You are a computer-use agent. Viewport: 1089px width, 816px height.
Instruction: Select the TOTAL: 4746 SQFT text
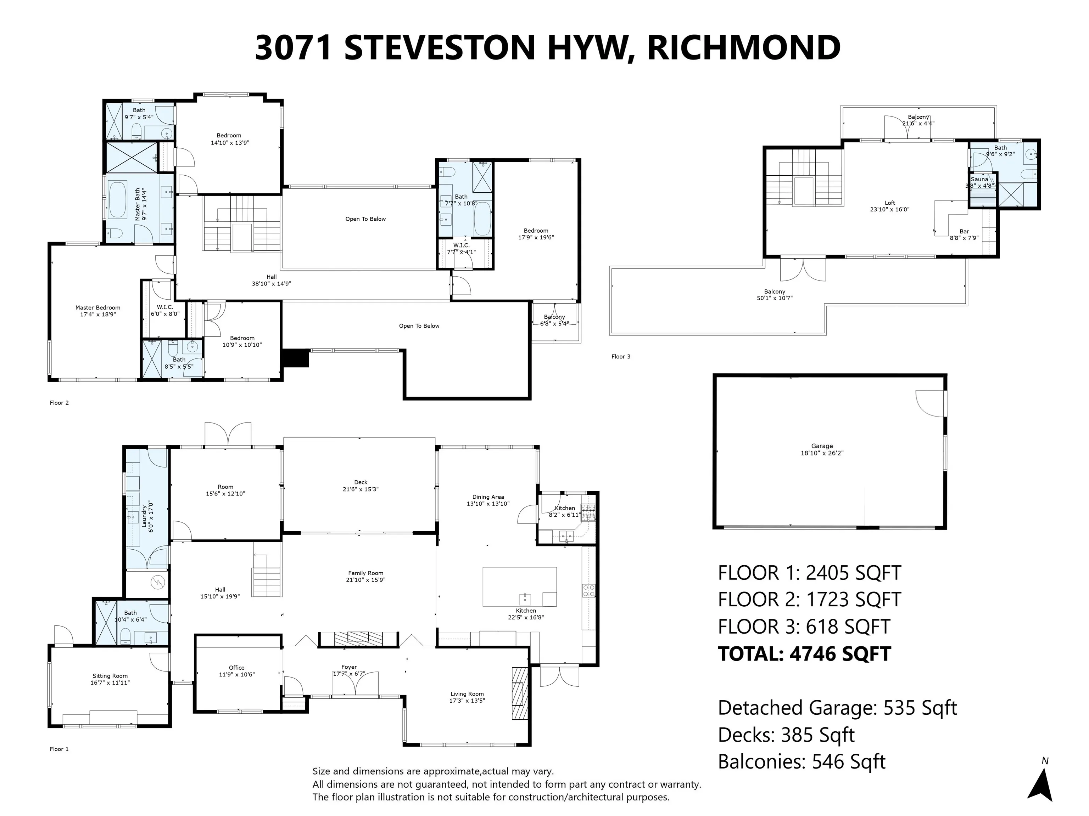coord(804,654)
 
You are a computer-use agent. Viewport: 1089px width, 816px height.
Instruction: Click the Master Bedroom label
coord(97,307)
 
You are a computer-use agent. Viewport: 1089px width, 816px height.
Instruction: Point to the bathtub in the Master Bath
coord(118,200)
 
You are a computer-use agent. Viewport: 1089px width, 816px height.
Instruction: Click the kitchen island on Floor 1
coord(519,586)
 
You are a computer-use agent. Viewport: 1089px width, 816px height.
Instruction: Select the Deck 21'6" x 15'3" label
coord(361,486)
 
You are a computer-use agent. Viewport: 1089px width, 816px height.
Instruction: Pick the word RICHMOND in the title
coord(743,48)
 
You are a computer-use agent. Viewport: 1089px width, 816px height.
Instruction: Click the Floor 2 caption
coord(59,403)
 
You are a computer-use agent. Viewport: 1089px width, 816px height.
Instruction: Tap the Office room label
coord(236,668)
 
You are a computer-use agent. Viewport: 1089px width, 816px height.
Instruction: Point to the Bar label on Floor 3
coord(964,231)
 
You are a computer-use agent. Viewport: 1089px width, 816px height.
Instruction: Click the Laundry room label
coord(144,516)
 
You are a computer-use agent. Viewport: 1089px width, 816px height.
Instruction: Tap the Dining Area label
coord(487,497)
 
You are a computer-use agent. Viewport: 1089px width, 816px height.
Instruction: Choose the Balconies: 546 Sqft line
coord(802,762)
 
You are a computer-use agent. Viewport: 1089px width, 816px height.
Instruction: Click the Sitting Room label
coord(110,676)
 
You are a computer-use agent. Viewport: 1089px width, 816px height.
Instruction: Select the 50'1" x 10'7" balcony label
coord(775,298)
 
